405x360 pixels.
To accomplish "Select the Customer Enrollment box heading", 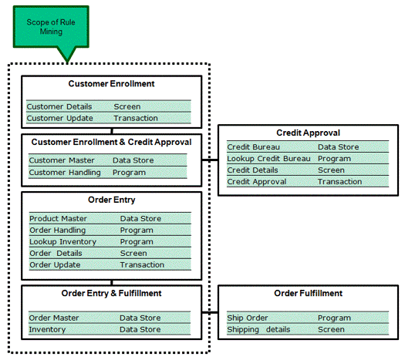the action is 111,83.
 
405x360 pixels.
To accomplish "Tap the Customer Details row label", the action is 59,106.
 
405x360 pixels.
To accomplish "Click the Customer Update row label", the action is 59,118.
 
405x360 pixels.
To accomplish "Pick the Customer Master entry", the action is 62,160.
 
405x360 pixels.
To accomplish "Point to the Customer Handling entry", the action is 65,173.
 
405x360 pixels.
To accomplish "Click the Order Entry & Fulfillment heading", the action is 111,294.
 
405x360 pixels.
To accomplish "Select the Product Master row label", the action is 58,219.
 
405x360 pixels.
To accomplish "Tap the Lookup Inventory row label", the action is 62,242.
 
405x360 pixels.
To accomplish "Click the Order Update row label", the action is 55,264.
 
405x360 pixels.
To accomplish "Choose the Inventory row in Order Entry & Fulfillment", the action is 47,329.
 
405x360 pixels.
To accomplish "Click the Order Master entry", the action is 54,318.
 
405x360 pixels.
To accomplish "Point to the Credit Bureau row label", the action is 253,147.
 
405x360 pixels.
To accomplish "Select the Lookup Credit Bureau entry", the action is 268,159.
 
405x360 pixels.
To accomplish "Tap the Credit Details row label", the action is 252,170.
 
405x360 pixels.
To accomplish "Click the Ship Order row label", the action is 247,318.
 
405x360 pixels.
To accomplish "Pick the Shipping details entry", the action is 258,329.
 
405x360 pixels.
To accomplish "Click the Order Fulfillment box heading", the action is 308,294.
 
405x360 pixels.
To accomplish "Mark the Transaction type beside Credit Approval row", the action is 339,182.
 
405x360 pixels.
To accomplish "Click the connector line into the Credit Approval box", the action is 210,160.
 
